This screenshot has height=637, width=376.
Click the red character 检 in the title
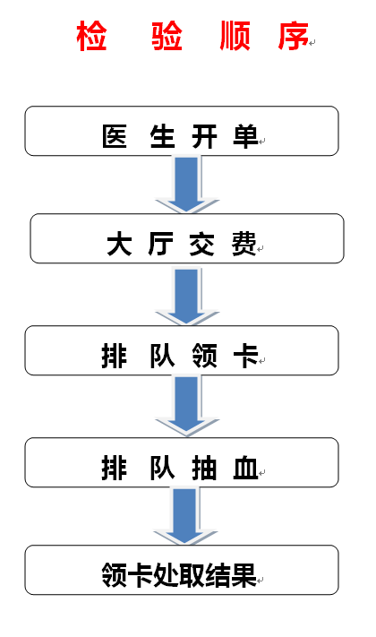pyautogui.click(x=91, y=36)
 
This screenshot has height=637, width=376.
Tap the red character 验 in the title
pyautogui.click(x=167, y=36)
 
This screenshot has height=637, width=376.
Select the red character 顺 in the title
pyautogui.click(x=235, y=36)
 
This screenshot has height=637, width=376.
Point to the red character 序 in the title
pyautogui.click(x=293, y=36)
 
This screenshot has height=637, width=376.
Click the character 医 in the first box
pyautogui.click(x=114, y=136)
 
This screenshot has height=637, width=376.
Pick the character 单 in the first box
pyautogui.click(x=245, y=136)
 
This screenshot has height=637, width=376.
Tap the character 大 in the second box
pyautogui.click(x=119, y=244)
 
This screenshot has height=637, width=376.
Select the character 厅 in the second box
pyautogui.click(x=161, y=244)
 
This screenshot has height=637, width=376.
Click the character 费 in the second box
pyautogui.click(x=244, y=244)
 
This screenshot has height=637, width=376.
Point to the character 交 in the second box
pyautogui.click(x=201, y=244)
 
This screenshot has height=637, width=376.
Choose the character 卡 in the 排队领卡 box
pyautogui.click(x=245, y=356)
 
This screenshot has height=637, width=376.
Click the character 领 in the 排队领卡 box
pyautogui.click(x=204, y=356)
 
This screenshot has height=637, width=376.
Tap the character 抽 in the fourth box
pyautogui.click(x=204, y=468)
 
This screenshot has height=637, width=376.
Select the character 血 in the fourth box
pyautogui.click(x=245, y=468)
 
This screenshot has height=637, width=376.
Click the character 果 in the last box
pyautogui.click(x=244, y=575)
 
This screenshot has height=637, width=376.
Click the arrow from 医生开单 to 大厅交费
pyautogui.click(x=187, y=185)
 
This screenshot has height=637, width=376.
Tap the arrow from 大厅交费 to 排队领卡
pyautogui.click(x=187, y=296)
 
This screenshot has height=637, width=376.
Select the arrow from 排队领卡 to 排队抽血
pyautogui.click(x=187, y=406)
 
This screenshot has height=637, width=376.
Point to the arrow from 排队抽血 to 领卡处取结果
pyautogui.click(x=185, y=516)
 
